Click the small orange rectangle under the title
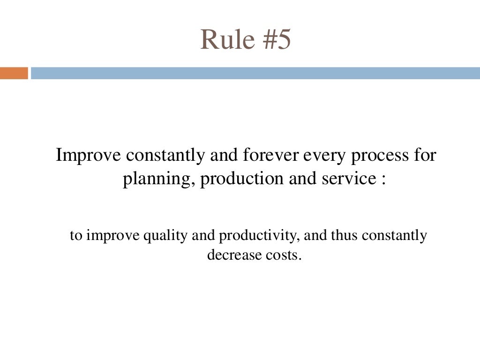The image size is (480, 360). coord(14,73)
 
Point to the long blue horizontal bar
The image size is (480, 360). coord(255,73)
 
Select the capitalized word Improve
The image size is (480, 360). coord(88,156)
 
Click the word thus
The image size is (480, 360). coord(346,235)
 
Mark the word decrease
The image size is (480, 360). coord(228,256)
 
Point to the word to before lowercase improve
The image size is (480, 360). coord(75,235)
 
